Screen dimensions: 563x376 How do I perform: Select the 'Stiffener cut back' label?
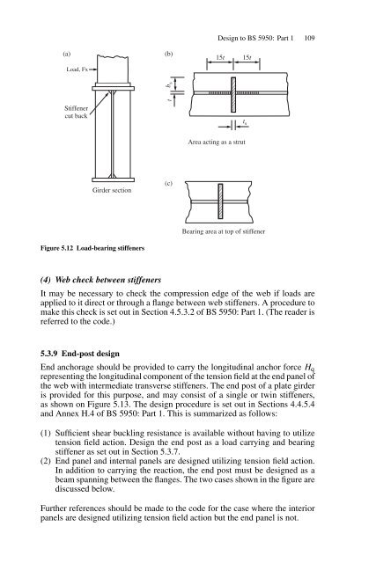point(59,115)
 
